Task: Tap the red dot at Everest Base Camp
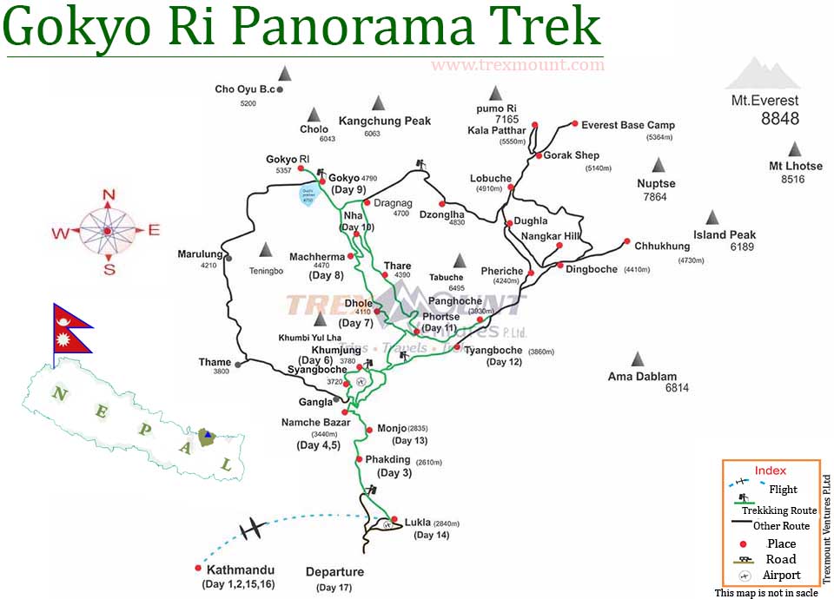click(x=574, y=125)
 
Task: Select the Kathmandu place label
click(x=240, y=570)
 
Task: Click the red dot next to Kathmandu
click(x=198, y=569)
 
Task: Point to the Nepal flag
click(x=71, y=328)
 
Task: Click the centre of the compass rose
click(x=107, y=231)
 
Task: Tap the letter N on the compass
click(x=109, y=194)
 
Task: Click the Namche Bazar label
click(x=315, y=423)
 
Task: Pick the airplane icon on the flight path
click(x=252, y=528)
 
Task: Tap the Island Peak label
click(x=725, y=234)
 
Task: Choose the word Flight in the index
click(x=783, y=490)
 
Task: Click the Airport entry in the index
click(x=782, y=575)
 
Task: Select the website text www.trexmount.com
click(x=517, y=65)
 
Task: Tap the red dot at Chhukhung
click(x=625, y=242)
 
